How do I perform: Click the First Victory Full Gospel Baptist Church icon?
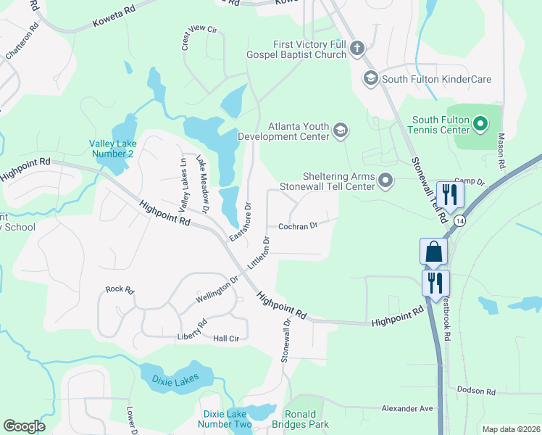[x=356, y=49]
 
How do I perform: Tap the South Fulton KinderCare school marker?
[x=370, y=78]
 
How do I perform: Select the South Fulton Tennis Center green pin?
[x=480, y=125]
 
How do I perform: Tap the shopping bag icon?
[x=434, y=251]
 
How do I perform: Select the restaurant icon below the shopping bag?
[x=435, y=282]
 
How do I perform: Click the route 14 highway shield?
[x=461, y=218]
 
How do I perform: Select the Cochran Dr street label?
[x=299, y=226]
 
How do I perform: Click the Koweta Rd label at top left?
[x=114, y=20]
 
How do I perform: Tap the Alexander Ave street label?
[x=407, y=408]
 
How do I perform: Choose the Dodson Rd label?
[x=475, y=391]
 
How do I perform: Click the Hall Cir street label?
[x=226, y=339]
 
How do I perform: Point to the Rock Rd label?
[x=120, y=289]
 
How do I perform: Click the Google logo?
[x=24, y=426]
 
